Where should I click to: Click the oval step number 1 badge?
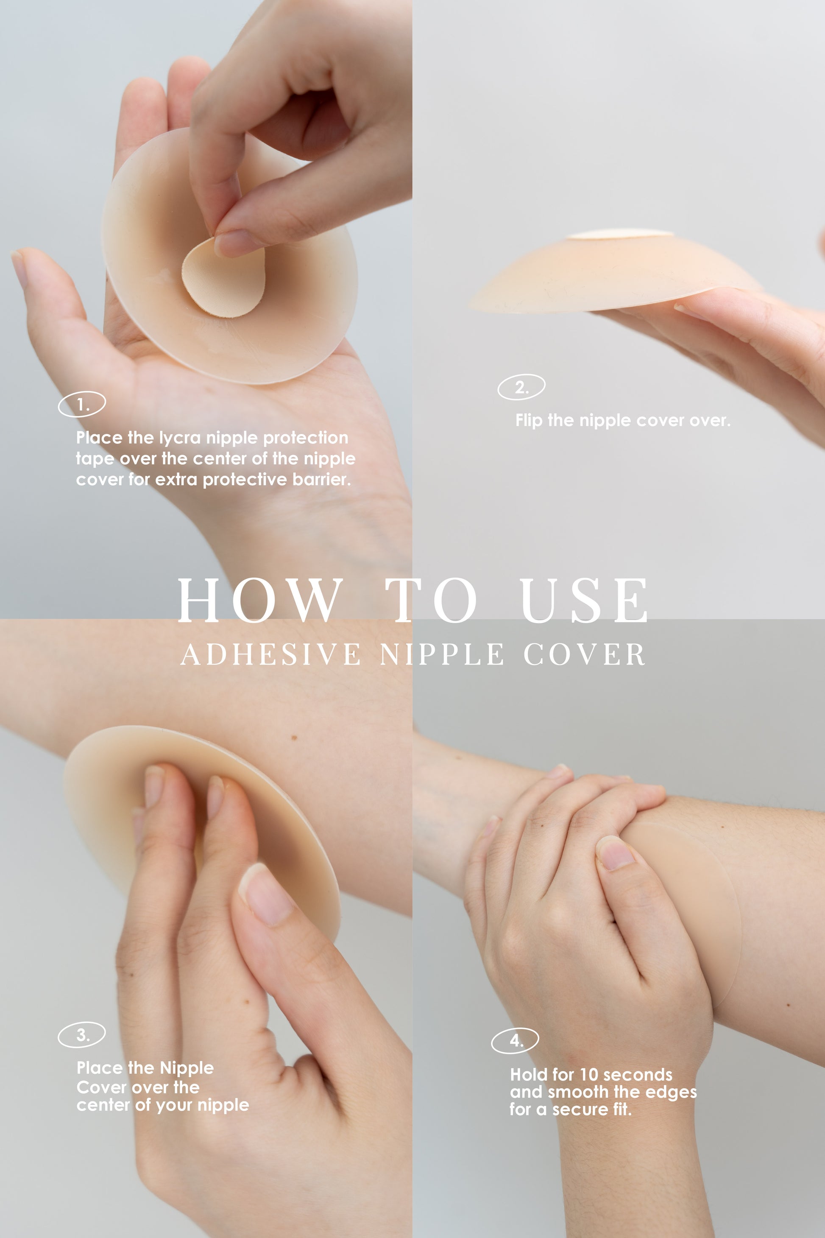[x=81, y=404]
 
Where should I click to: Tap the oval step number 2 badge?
[x=521, y=387]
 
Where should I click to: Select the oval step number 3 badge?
[x=81, y=1035]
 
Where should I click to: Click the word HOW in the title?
[x=260, y=600]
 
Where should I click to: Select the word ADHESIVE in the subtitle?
[x=270, y=654]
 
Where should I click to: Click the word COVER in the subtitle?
[x=584, y=654]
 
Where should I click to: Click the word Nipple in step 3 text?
[x=187, y=1068]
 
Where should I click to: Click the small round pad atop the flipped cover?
[x=620, y=234]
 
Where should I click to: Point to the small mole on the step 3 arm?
[x=294, y=738]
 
